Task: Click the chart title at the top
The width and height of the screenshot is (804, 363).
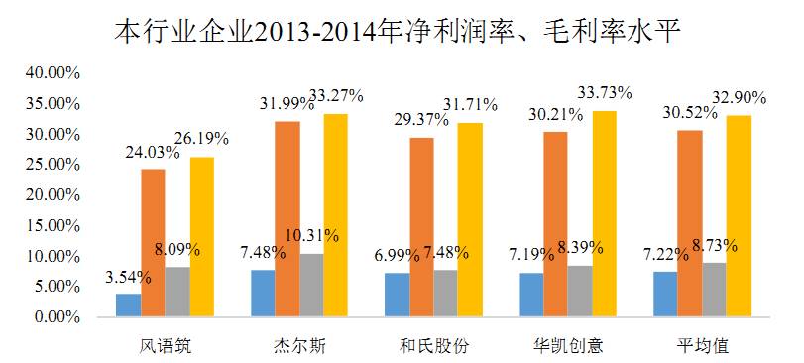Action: (x=401, y=30)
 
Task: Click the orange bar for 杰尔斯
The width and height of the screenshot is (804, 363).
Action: (x=288, y=219)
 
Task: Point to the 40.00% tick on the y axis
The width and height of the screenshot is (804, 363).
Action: (x=52, y=73)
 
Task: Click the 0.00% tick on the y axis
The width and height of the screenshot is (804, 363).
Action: (x=56, y=317)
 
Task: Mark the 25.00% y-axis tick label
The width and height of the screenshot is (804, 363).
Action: (x=52, y=165)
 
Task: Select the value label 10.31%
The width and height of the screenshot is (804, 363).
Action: (x=312, y=236)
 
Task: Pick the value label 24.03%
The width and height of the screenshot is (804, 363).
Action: (x=152, y=152)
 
